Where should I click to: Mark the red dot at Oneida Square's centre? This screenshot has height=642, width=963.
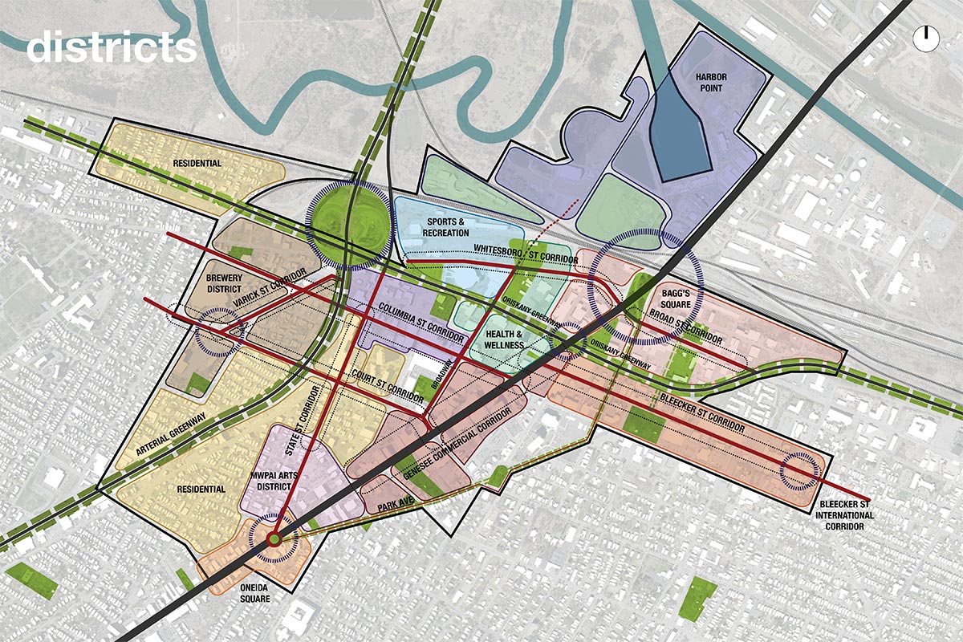pyautogui.click(x=273, y=538)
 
